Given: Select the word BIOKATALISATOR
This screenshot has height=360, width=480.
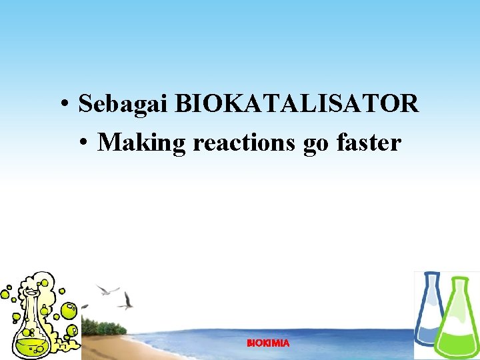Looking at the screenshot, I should coord(297,104).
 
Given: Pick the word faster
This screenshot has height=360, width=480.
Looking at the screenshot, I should coord(369,142).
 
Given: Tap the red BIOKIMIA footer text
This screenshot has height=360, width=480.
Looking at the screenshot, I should coord(268,343).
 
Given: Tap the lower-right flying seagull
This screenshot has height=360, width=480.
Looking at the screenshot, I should coord(126,301).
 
